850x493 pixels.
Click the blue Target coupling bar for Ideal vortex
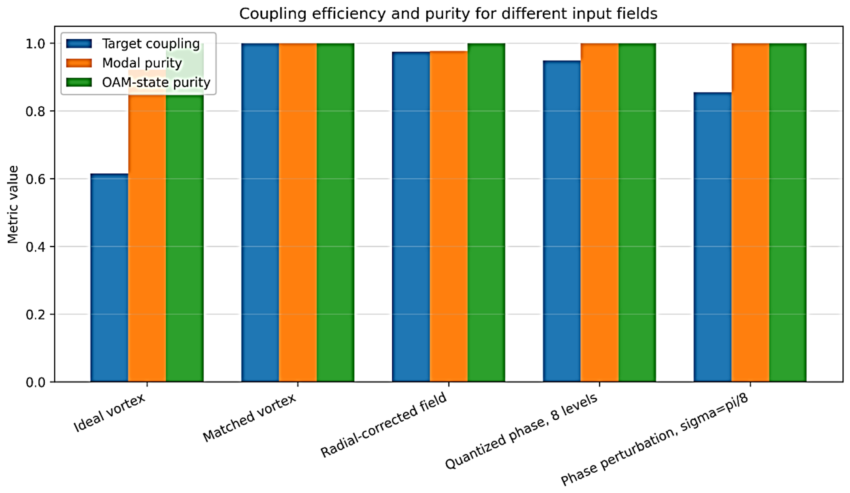(109, 278)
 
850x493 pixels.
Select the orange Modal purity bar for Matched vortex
(298, 212)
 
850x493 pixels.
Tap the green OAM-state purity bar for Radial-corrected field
(486, 212)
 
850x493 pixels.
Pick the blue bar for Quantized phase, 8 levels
(562, 221)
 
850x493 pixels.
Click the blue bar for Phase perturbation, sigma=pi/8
(713, 237)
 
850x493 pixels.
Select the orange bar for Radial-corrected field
(449, 217)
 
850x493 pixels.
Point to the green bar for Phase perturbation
(788, 212)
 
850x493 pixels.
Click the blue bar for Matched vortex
(260, 212)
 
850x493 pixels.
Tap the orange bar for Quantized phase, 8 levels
(600, 212)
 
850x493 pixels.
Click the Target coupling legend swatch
(79, 44)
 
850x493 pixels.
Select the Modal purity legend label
(142, 63)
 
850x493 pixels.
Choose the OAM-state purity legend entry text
(156, 82)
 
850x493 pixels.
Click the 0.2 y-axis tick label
(35, 315)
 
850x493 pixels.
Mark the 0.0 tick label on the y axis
(35, 382)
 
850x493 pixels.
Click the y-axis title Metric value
(13, 204)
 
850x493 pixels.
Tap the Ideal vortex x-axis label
(109, 413)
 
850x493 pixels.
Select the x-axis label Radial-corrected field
(384, 424)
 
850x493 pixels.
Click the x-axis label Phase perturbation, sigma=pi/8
(655, 439)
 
